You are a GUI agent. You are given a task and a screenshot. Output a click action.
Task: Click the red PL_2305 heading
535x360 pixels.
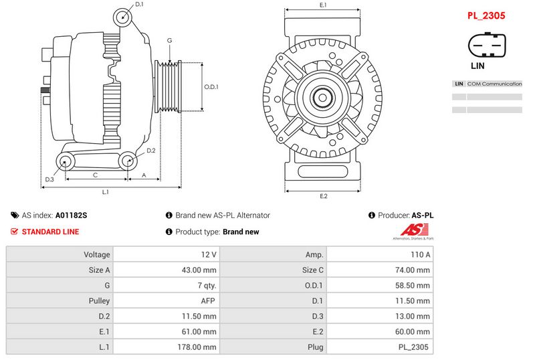click(x=486, y=15)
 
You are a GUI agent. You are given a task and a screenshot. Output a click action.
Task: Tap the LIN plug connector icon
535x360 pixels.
click(x=487, y=45)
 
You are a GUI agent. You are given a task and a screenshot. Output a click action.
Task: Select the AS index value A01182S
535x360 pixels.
click(x=72, y=215)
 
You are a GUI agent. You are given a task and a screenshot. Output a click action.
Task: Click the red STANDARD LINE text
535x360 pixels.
click(x=51, y=232)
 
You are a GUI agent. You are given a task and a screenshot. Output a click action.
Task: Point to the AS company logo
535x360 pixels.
click(x=413, y=232)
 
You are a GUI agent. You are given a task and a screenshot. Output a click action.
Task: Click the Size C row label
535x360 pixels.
click(x=312, y=270)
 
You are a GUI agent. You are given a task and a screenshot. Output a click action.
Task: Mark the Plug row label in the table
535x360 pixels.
click(x=315, y=347)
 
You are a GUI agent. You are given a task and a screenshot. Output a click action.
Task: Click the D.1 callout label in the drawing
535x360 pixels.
click(x=139, y=4)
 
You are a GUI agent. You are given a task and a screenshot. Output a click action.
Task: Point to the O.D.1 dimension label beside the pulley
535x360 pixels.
click(x=211, y=87)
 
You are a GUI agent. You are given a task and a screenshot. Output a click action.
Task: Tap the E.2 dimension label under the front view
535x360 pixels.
click(x=324, y=196)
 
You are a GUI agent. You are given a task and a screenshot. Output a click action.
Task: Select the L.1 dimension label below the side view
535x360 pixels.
click(x=106, y=192)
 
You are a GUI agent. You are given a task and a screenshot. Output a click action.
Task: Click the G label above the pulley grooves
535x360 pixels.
click(x=170, y=40)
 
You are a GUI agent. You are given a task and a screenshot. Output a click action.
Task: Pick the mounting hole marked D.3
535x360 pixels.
click(x=65, y=161)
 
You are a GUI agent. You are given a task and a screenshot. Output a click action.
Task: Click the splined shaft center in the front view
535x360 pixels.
click(x=322, y=98)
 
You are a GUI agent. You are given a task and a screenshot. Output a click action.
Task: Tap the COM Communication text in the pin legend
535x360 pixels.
click(x=494, y=84)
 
